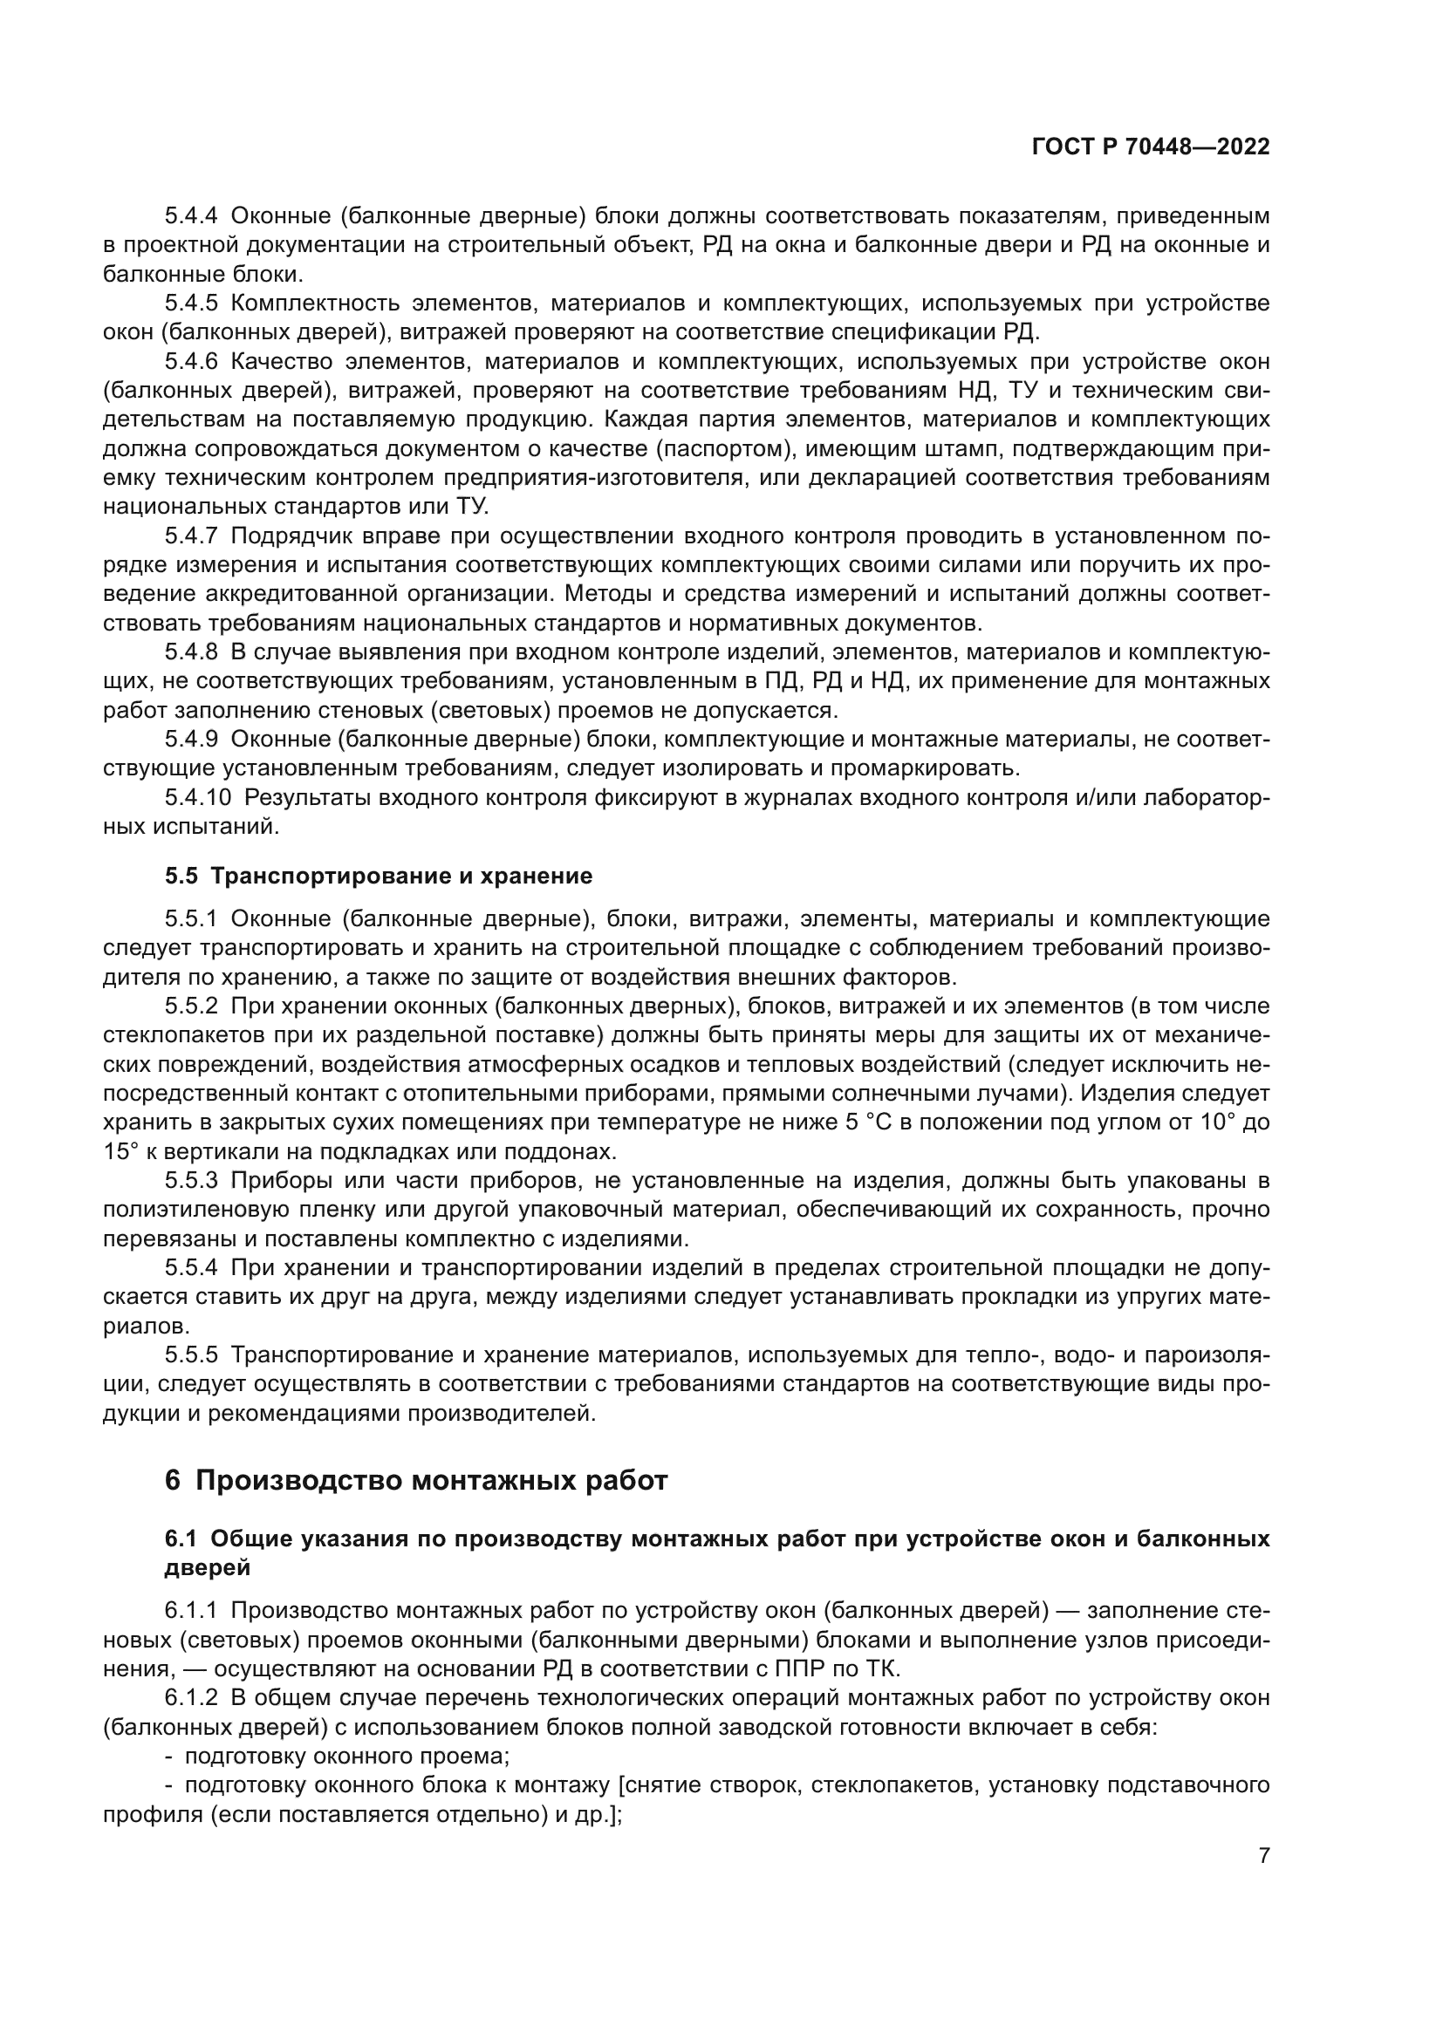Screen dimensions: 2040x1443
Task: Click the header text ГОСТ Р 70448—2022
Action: pos(1150,147)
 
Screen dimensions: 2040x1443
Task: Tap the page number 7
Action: pos(1263,1856)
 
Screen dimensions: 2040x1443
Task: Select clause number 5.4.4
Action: pos(191,216)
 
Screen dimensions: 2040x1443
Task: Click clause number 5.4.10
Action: pos(196,798)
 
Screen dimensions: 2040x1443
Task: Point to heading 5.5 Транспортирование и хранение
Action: pos(378,876)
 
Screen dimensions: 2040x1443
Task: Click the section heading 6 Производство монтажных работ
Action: pos(415,1481)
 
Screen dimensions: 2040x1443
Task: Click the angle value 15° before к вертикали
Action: pos(119,1151)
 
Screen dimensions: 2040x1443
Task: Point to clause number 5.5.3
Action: pos(191,1181)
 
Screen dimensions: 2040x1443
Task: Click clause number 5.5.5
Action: pos(191,1355)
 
